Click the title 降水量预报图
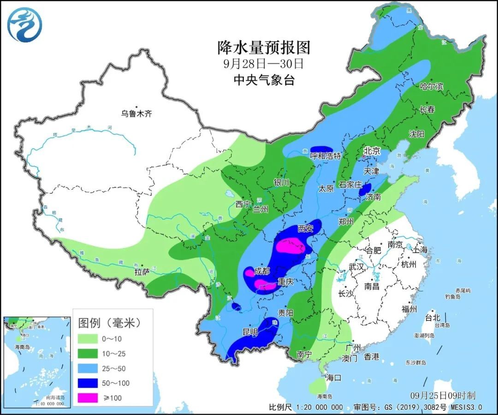pos(264,47)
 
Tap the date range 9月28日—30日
pos(264,63)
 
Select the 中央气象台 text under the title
pos(264,80)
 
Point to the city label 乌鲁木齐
pos(136,114)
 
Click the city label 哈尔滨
pos(431,86)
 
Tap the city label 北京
pos(372,150)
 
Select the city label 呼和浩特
pos(326,156)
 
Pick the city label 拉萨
pos(142,272)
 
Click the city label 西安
pos(305,228)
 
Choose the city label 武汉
pos(356,267)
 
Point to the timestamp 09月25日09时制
pos(443,396)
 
